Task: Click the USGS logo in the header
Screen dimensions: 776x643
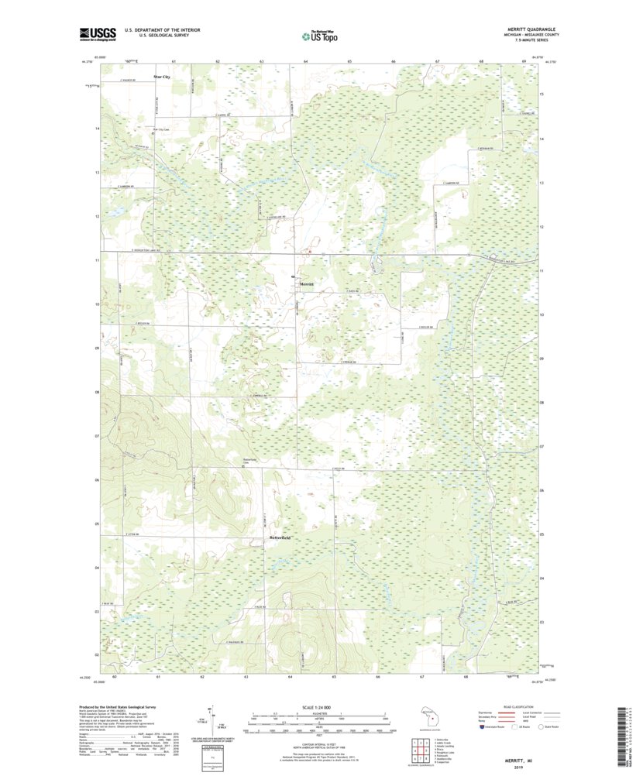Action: coord(97,34)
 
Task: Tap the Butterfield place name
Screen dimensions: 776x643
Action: coord(280,537)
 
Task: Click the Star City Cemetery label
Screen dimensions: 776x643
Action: coord(160,129)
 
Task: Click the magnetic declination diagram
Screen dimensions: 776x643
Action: coord(211,721)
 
